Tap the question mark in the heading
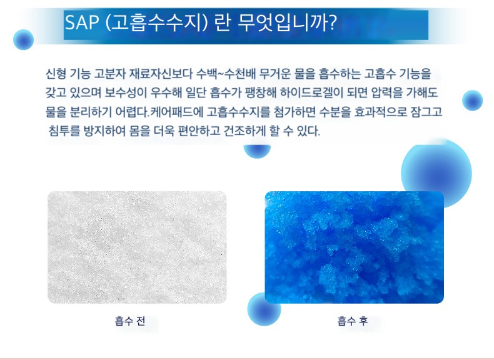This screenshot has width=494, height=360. pos(332,22)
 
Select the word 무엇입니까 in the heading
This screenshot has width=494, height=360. pos(282,23)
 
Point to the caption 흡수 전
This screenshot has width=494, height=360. pos(130,321)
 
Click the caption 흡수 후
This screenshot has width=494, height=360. pos(353,321)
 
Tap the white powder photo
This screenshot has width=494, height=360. pos(137,247)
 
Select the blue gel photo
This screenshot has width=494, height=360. pos(354,247)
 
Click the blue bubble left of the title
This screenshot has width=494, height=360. pos(23,39)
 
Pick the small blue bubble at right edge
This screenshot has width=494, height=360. pos(472,101)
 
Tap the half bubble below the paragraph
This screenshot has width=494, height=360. pos(257,151)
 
